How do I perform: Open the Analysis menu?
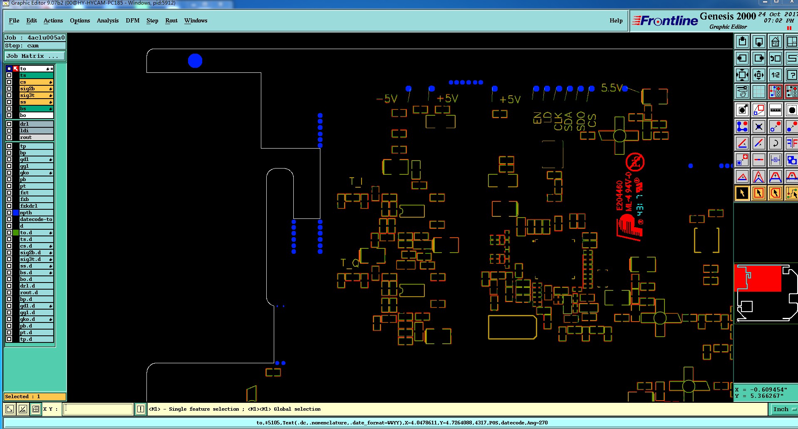tap(107, 20)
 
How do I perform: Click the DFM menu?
tap(132, 20)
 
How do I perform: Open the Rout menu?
tap(171, 20)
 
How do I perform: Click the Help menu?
tap(616, 20)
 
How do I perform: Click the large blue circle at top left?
tap(195, 61)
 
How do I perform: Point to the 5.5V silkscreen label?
tap(612, 88)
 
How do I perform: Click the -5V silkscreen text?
tap(387, 99)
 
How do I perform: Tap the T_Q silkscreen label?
tap(349, 263)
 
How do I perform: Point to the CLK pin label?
tap(558, 121)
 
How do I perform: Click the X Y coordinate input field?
tap(98, 409)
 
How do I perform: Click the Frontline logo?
tap(665, 20)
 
